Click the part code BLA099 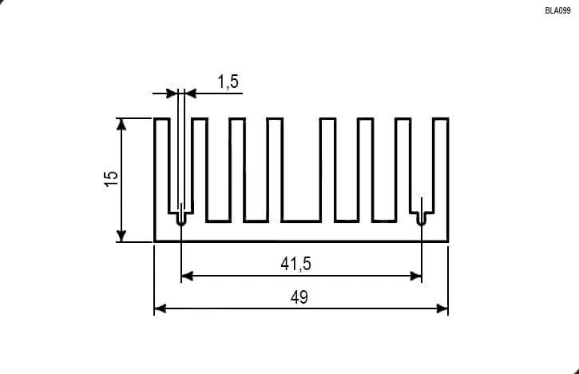[557, 10]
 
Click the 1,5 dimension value [228, 82]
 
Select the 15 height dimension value [111, 178]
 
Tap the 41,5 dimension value [295, 264]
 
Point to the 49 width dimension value [299, 297]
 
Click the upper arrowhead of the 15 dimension [121, 125]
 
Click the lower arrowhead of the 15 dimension [121, 236]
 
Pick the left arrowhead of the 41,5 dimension [188, 276]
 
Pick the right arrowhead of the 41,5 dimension [415, 276]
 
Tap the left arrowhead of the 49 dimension [161, 308]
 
